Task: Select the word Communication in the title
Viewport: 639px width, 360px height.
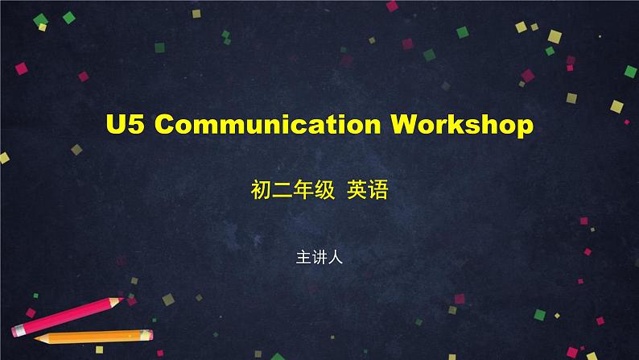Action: pyautogui.click(x=268, y=124)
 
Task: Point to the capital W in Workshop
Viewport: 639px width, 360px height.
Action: pyautogui.click(x=404, y=124)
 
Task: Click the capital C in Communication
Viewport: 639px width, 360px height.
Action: pyautogui.click(x=165, y=124)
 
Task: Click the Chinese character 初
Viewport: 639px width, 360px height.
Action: pyautogui.click(x=261, y=189)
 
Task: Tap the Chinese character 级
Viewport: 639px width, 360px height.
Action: pyautogui.click(x=324, y=189)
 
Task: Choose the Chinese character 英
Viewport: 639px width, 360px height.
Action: pyautogui.click(x=357, y=189)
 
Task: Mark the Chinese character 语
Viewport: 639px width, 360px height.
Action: pyautogui.click(x=377, y=189)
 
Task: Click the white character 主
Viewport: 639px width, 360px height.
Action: pyautogui.click(x=303, y=258)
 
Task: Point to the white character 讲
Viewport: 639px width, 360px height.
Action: pyautogui.click(x=319, y=258)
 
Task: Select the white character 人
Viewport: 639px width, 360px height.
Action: pyautogui.click(x=335, y=258)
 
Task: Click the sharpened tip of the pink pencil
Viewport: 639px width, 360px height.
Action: pyautogui.click(x=122, y=300)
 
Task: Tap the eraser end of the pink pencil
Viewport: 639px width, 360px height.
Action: pyautogui.click(x=15, y=331)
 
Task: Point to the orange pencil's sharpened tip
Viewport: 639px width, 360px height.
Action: pyautogui.click(x=36, y=338)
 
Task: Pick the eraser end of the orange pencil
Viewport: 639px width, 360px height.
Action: pyautogui.click(x=150, y=335)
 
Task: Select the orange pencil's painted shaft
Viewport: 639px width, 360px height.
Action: pyautogui.click(x=95, y=337)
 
